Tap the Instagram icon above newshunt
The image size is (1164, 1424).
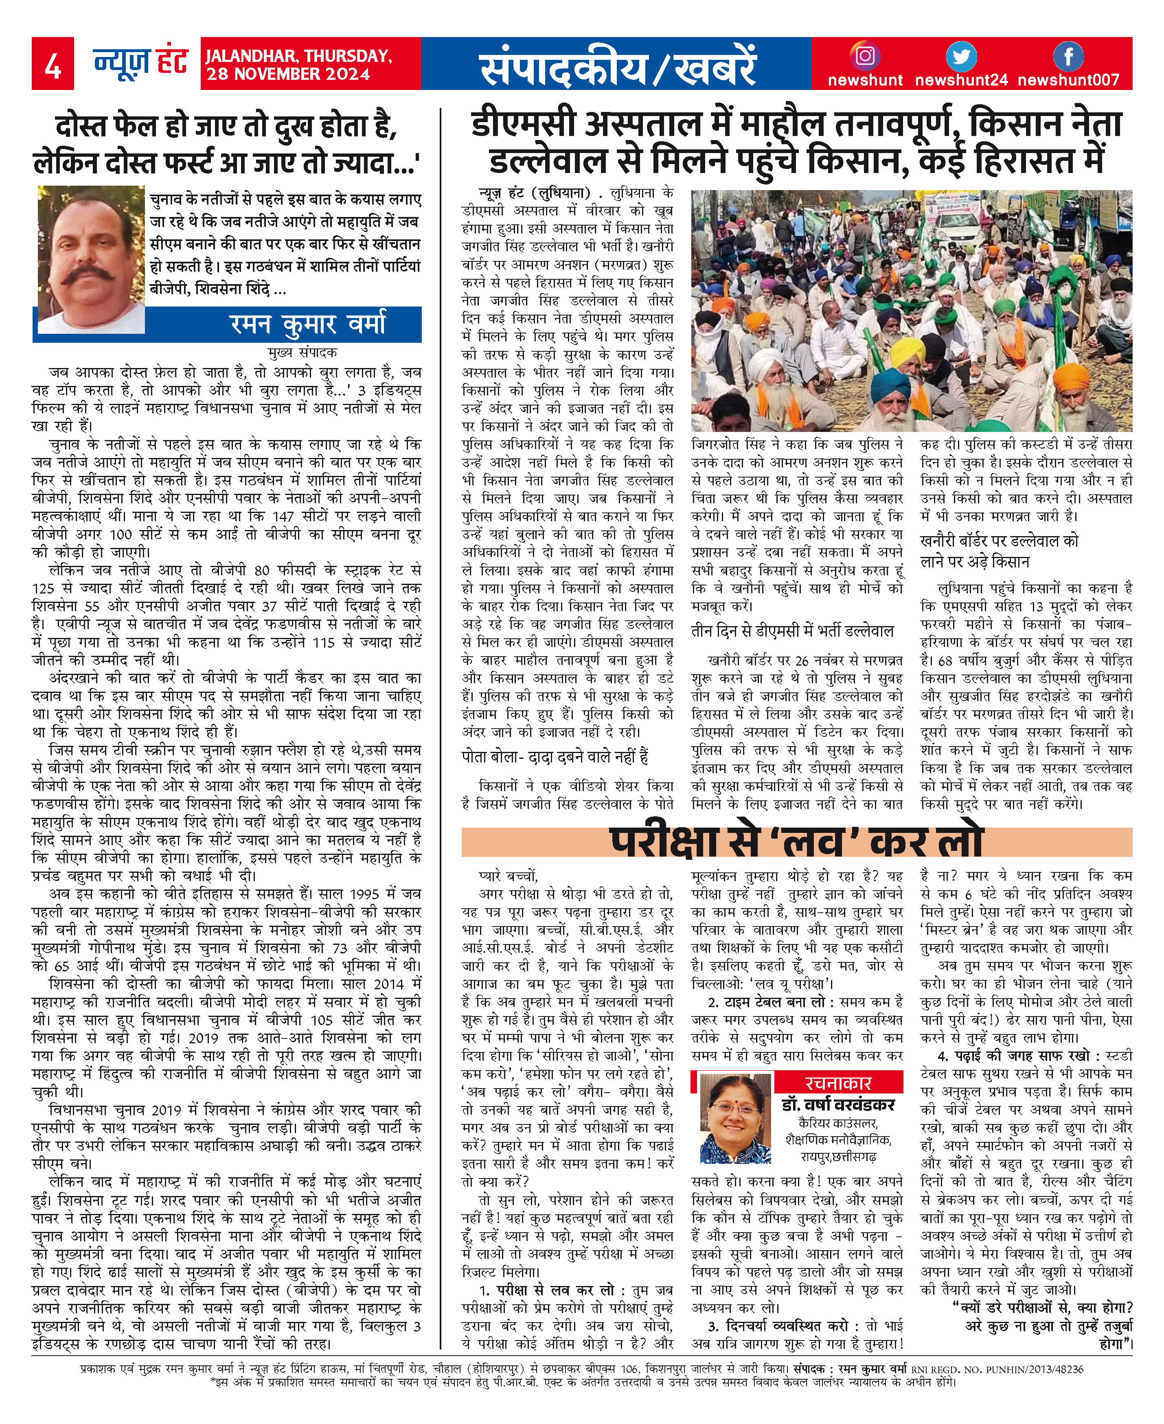point(865,56)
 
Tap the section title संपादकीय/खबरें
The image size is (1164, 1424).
point(617,66)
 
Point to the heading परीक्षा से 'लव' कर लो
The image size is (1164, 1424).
point(796,842)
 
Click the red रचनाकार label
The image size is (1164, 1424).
point(838,1083)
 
